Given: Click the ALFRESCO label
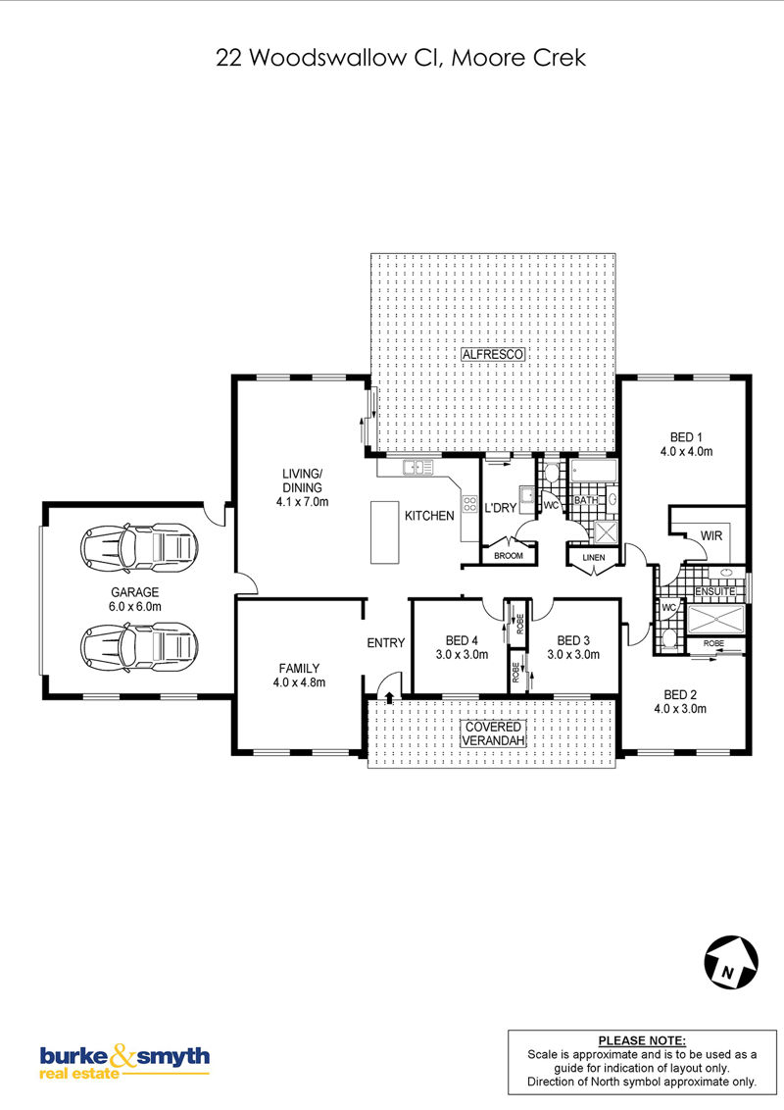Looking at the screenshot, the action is [x=493, y=355].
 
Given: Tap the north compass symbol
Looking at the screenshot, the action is [x=731, y=962].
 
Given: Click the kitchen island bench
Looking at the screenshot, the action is [x=385, y=532].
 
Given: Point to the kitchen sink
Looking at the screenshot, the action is [x=418, y=467].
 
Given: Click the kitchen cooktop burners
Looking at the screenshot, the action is [x=469, y=504].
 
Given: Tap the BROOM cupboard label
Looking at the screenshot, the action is [x=508, y=556].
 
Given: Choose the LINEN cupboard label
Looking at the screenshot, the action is [x=594, y=558].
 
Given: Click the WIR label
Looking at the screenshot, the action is [x=711, y=536].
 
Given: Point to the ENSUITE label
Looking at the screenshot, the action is [x=714, y=591].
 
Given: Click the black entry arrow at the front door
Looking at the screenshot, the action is [x=389, y=697].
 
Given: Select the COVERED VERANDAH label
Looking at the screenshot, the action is [x=493, y=734].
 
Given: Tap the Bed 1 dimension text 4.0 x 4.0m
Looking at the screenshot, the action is [x=686, y=452].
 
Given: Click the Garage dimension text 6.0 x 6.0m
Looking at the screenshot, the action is [x=135, y=607].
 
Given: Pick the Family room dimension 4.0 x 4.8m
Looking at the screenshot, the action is [x=299, y=683].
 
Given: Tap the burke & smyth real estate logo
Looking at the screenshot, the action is [x=124, y=1061].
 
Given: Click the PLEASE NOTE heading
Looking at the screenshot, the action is [x=642, y=1040].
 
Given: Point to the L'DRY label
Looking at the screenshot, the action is [x=500, y=508].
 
